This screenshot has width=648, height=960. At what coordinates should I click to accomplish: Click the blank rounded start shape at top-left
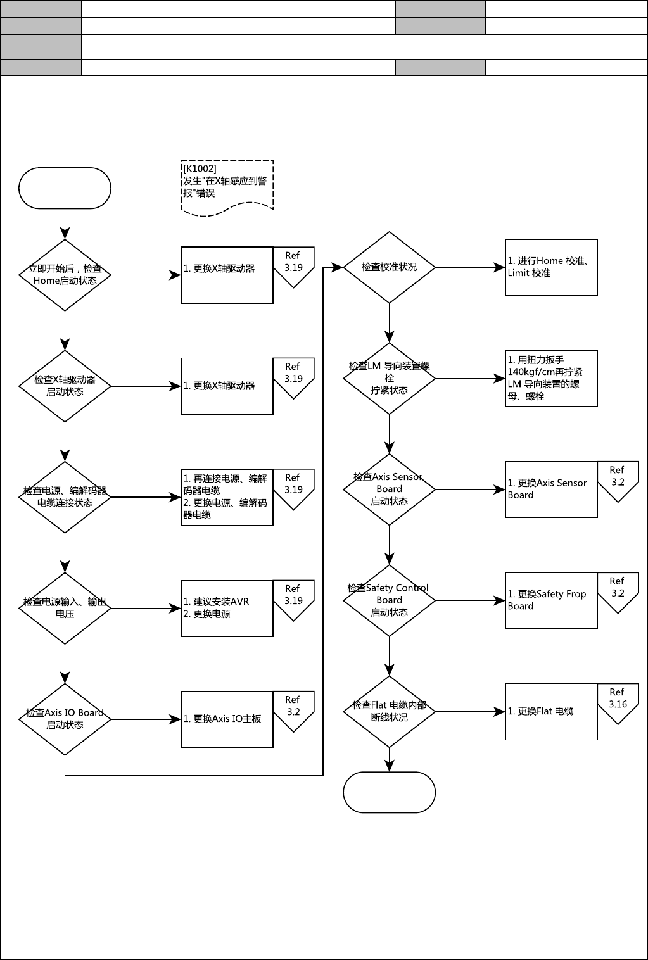click(x=65, y=188)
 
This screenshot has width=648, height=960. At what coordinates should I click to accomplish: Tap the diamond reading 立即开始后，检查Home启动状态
click(x=65, y=275)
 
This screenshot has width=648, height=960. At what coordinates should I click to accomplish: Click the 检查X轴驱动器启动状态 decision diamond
click(x=65, y=386)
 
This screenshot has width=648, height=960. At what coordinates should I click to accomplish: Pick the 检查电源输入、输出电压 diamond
click(x=65, y=608)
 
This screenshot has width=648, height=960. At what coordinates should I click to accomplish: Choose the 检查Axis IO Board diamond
click(x=65, y=719)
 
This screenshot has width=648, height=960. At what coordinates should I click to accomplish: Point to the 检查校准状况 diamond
click(x=389, y=267)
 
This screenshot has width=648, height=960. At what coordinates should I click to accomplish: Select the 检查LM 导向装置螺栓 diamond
click(x=389, y=378)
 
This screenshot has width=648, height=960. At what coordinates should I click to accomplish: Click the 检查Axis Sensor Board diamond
click(x=389, y=489)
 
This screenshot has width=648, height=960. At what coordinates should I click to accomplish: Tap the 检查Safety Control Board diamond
click(x=389, y=600)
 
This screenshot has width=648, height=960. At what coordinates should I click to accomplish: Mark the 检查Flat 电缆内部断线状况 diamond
click(x=389, y=711)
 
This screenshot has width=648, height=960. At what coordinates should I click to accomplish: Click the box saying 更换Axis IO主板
click(x=227, y=719)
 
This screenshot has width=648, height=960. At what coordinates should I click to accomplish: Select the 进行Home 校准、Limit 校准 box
click(x=551, y=267)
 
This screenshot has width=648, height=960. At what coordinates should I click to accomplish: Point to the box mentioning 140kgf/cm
click(x=551, y=378)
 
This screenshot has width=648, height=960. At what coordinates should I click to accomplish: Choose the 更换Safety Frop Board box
click(x=551, y=600)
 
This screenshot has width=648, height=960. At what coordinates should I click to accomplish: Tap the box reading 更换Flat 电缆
click(x=551, y=711)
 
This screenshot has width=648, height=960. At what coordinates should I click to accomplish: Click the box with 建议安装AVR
click(x=227, y=608)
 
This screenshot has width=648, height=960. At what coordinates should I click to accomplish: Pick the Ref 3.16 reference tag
click(x=618, y=701)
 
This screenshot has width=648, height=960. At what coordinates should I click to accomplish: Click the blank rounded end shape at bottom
click(x=389, y=792)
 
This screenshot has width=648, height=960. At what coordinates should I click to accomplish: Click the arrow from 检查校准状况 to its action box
click(x=470, y=267)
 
